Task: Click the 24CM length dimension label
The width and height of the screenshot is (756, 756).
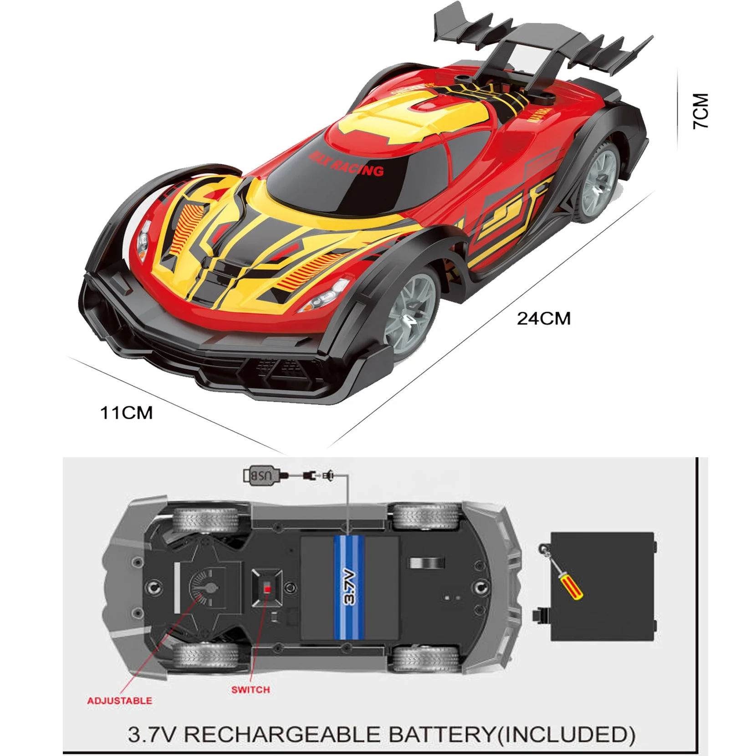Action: point(543,318)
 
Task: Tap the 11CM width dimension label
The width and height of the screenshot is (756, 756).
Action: point(126,413)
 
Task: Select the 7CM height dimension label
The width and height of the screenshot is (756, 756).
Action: point(701,111)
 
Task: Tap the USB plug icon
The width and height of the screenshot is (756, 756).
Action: point(261,476)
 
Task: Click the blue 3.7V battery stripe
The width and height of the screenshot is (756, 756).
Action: point(349,587)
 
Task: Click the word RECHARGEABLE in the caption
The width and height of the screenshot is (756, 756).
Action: point(283,735)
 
